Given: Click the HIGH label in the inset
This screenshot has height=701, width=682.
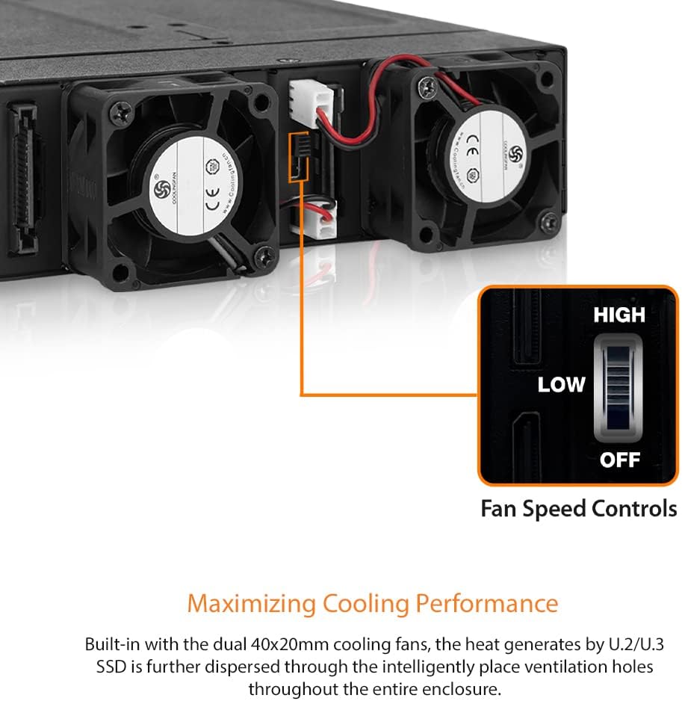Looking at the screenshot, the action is click(619, 315).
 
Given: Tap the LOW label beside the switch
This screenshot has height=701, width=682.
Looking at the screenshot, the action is click(561, 385).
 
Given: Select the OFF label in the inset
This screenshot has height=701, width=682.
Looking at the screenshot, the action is click(620, 459).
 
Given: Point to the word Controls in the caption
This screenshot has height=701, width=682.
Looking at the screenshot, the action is click(634, 509).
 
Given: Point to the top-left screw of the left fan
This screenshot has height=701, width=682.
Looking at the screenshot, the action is click(120, 114).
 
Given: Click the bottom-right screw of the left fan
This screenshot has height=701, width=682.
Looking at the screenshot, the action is click(262, 259).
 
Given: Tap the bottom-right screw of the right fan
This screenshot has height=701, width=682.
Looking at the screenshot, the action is click(550, 221).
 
